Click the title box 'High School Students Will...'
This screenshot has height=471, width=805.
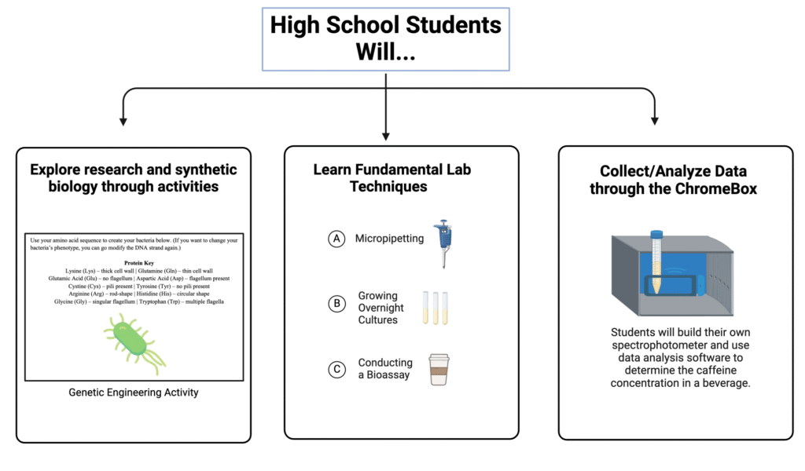tap(385, 39)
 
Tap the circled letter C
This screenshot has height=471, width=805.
tap(336, 369)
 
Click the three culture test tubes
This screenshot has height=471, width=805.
tap(436, 308)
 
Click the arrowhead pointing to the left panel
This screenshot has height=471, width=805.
tap(123, 122)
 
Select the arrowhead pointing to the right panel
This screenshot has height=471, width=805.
tap(654, 122)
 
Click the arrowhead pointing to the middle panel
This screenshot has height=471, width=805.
tap(386, 135)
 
